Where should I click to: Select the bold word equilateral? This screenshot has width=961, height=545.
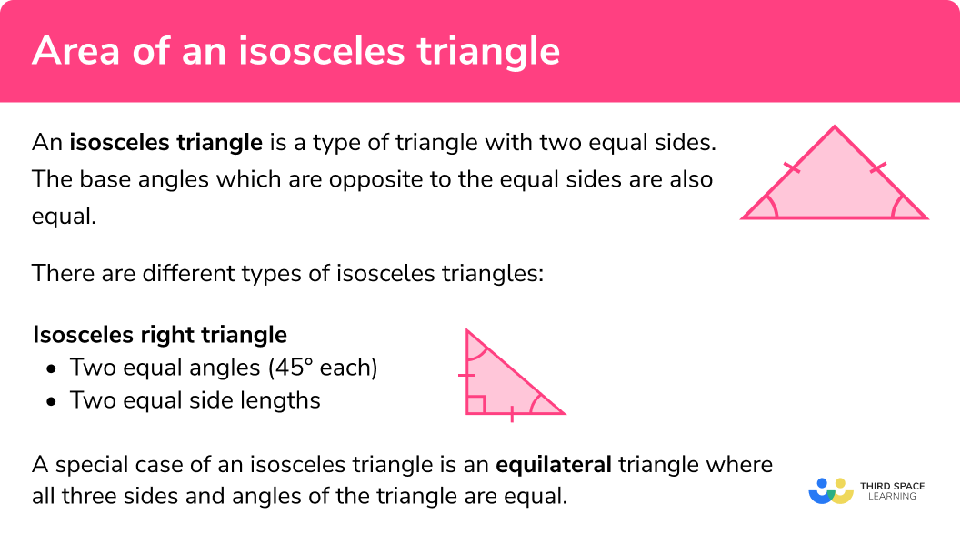553,465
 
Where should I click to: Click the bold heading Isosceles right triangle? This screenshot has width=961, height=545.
160,335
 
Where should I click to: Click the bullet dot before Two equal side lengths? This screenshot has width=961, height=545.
52,400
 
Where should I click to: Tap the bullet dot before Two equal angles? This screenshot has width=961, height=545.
52,368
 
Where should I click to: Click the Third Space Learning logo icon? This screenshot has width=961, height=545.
831,491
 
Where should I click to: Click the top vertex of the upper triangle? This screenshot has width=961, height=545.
835,127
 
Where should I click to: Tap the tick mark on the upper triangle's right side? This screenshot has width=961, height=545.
877,167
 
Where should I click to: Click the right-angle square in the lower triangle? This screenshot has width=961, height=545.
475,404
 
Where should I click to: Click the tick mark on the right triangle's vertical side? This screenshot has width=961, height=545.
466,374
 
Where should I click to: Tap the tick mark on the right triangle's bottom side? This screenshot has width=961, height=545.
512,414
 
